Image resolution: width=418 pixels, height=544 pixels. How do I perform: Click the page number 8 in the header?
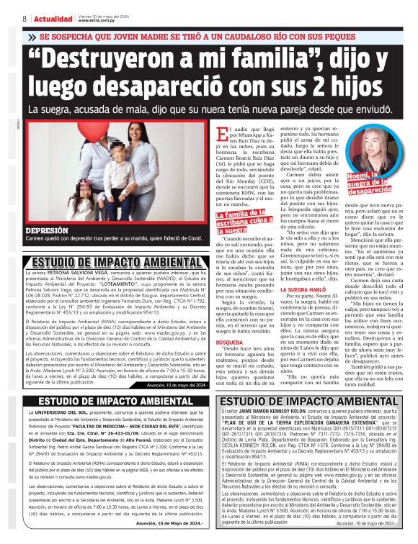point(25,17)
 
